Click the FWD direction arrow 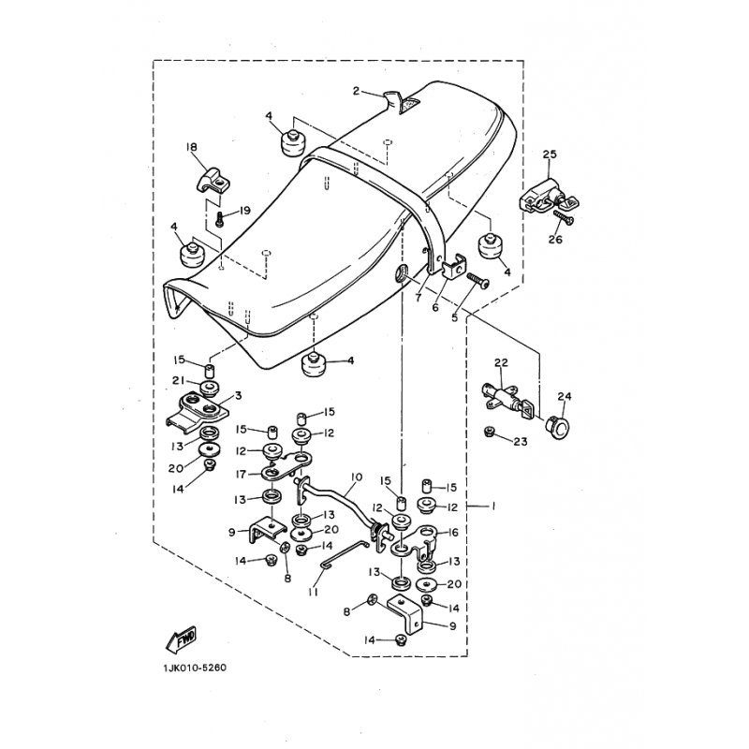(x=181, y=639)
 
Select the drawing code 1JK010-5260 (x=195, y=668)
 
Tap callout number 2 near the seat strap (x=356, y=91)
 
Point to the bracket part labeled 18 (x=213, y=179)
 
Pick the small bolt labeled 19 (x=220, y=220)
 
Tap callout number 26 (x=555, y=240)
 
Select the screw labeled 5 (x=477, y=281)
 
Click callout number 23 (x=521, y=442)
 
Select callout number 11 (x=314, y=592)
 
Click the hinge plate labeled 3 (x=197, y=410)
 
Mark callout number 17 (x=241, y=475)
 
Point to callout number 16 (x=452, y=532)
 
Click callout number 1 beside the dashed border (x=493, y=506)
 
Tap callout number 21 (x=179, y=380)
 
